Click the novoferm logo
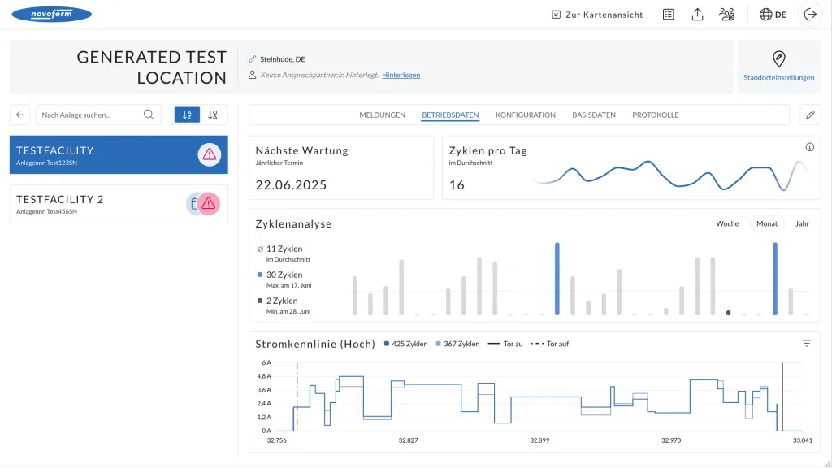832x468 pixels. click(51, 15)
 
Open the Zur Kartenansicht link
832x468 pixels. click(597, 15)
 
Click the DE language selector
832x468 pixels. click(773, 15)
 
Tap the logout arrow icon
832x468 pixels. click(810, 15)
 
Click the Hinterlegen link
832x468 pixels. click(401, 75)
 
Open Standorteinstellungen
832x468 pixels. click(778, 67)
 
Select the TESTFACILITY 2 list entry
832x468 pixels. click(119, 204)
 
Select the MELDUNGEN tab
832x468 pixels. click(382, 115)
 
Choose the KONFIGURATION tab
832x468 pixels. click(526, 115)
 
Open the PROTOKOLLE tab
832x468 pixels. click(656, 115)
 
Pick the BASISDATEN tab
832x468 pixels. click(594, 115)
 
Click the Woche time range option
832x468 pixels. click(727, 224)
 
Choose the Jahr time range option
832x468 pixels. click(802, 224)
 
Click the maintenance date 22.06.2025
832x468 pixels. click(291, 184)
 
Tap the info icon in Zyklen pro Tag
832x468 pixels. click(809, 147)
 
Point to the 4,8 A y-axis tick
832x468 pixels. click(264, 376)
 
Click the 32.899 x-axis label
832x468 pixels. click(539, 440)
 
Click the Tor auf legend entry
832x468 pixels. click(550, 344)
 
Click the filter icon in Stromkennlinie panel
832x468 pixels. click(807, 344)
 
